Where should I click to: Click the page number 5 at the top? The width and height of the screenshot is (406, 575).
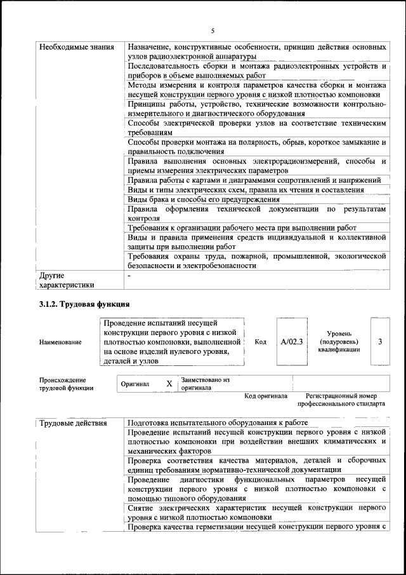tap(213, 30)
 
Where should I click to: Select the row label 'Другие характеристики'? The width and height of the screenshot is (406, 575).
tap(66, 281)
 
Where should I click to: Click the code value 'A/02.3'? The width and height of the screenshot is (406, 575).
tap(292, 341)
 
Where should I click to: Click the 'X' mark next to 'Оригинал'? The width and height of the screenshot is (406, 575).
tap(169, 384)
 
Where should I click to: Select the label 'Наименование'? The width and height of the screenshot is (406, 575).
tap(60, 342)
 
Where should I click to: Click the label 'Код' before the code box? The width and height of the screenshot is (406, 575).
tap(260, 341)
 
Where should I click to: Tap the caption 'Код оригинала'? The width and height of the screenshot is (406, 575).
tap(266, 396)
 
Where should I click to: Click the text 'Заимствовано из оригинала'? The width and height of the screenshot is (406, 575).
tap(206, 383)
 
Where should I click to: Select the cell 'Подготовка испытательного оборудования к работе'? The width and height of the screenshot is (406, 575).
tap(218, 423)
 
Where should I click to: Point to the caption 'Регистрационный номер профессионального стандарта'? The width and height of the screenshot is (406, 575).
tap(341, 400)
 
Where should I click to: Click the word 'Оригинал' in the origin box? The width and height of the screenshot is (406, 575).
tap(134, 384)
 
